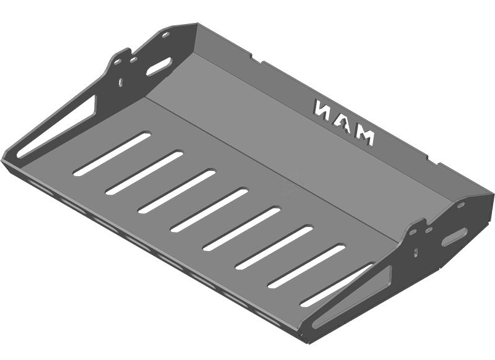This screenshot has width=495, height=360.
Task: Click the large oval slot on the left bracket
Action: (x=158, y=67)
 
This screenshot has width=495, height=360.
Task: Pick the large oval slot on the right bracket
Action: (x=455, y=237)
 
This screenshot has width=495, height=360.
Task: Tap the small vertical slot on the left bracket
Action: (x=120, y=83)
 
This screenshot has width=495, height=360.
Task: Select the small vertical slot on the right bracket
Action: (x=416, y=252)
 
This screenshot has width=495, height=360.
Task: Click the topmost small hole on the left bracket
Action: (x=165, y=35)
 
